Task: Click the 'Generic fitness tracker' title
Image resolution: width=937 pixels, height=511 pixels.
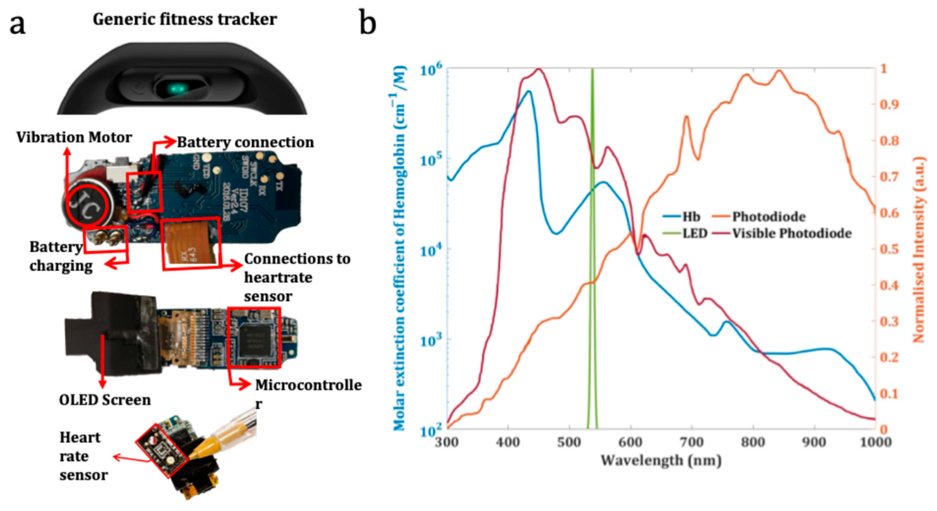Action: [185, 19]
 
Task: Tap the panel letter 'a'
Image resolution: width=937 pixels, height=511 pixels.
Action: [17, 25]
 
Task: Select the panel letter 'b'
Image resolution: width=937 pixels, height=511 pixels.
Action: [367, 22]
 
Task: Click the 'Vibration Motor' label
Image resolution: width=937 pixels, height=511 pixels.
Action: [74, 138]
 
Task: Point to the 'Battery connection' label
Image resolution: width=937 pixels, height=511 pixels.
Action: [245, 142]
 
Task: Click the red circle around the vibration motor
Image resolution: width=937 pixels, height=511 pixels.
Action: [88, 206]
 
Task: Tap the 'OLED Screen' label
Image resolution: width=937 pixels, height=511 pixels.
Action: [105, 400]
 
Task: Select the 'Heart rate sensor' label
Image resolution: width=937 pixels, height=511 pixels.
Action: [83, 456]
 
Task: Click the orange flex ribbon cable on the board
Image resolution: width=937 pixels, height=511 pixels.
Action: [191, 243]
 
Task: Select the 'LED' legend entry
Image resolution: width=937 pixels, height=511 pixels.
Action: [694, 233]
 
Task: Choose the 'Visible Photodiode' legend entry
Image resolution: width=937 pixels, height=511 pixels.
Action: [791, 233]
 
